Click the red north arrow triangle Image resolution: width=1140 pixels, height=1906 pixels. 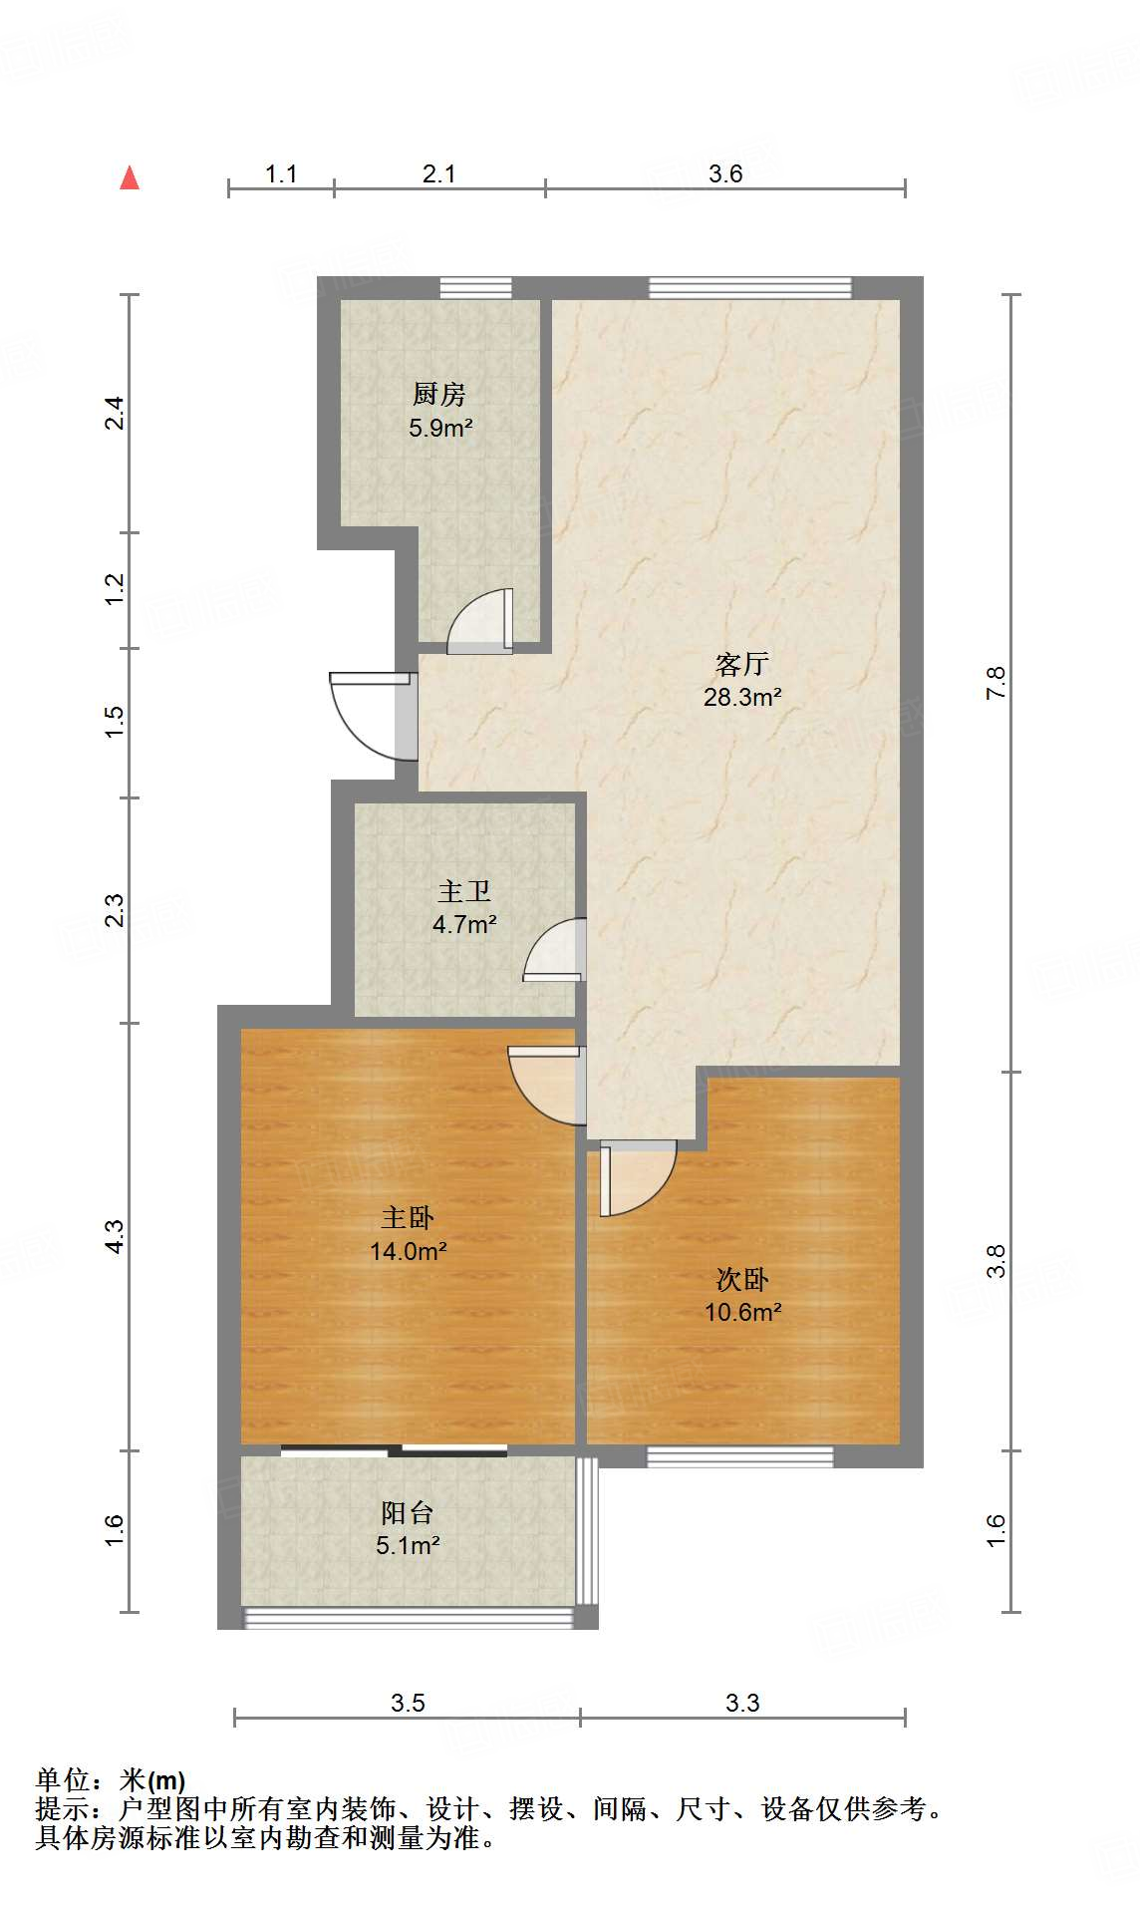(129, 177)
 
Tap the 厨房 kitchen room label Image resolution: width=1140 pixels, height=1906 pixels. (438, 395)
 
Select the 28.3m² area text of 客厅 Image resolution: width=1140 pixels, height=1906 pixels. (741, 698)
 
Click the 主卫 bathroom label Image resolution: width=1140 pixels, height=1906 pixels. (464, 891)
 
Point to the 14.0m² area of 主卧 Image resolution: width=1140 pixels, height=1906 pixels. (408, 1251)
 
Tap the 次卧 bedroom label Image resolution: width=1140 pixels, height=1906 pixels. (742, 1279)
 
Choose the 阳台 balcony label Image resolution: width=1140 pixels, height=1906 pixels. (408, 1513)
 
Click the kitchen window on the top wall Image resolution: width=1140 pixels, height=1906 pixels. (476, 288)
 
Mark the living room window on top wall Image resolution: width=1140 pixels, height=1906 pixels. (750, 288)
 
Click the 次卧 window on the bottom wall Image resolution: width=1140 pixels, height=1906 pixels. (739, 1456)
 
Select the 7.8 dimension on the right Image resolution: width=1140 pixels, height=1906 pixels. (996, 683)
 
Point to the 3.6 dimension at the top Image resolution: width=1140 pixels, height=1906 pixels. (725, 173)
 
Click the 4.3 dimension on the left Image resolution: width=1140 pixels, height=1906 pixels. (115, 1236)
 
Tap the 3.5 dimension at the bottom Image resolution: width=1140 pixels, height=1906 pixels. (408, 1703)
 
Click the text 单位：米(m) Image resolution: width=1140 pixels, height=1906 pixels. (111, 1780)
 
